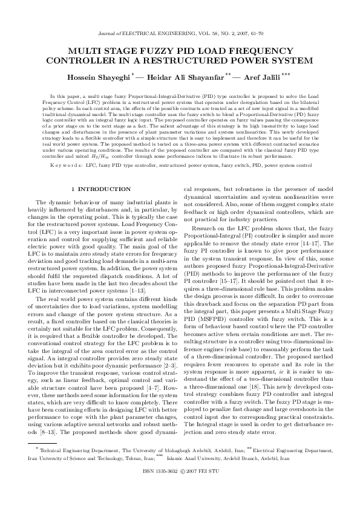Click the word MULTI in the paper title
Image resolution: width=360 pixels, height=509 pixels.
tap(89, 53)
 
